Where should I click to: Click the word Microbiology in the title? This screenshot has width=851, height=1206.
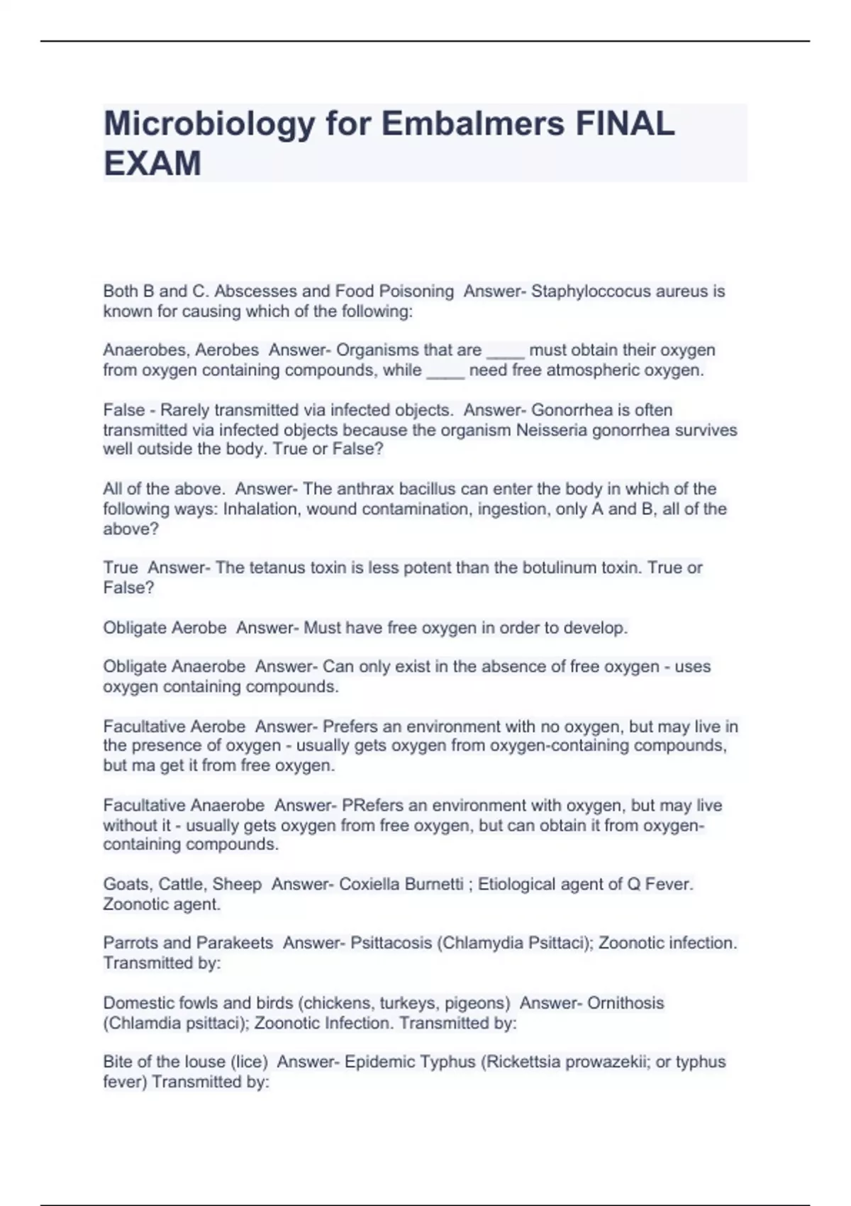pyautogui.click(x=209, y=125)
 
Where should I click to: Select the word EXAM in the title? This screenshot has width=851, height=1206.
pyautogui.click(x=152, y=164)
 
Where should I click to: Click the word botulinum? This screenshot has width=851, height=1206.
pyautogui.click(x=560, y=568)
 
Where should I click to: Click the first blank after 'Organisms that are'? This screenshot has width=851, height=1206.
pyautogui.click(x=506, y=350)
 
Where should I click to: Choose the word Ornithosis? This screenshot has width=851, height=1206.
pyautogui.click(x=625, y=1003)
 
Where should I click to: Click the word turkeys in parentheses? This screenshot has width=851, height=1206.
pyautogui.click(x=406, y=1003)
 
